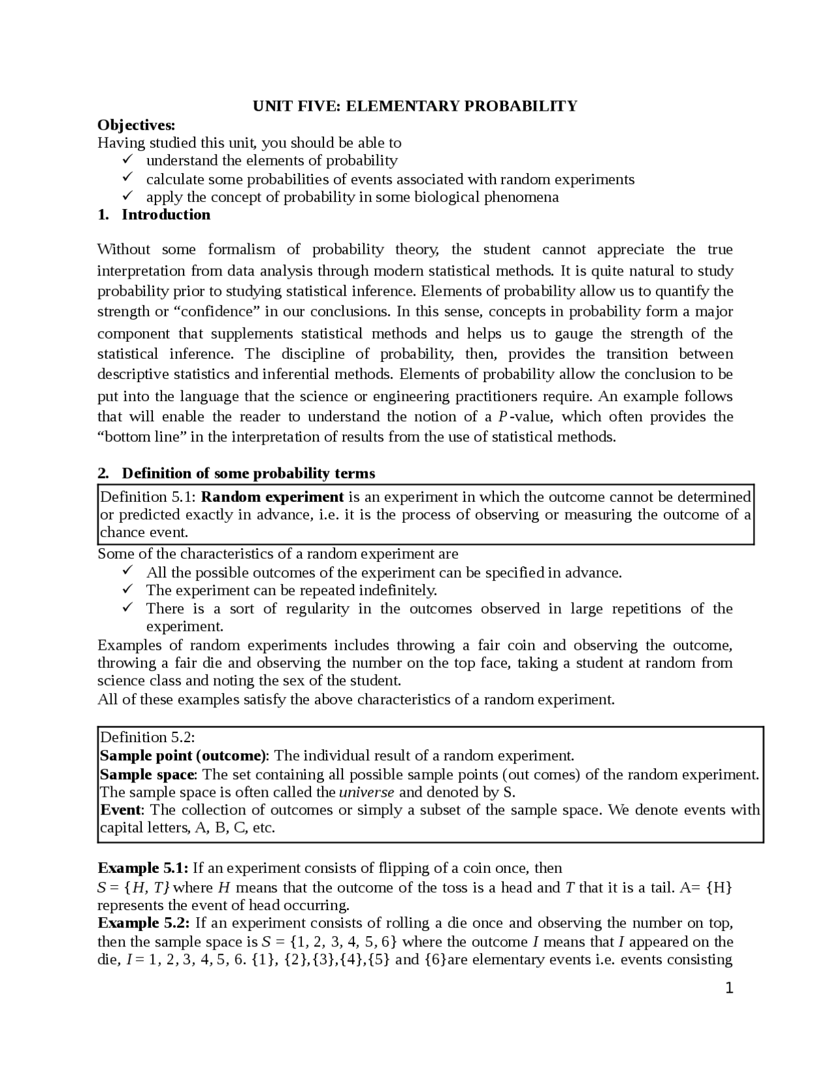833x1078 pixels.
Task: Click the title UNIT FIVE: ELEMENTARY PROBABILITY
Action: pyautogui.click(x=415, y=106)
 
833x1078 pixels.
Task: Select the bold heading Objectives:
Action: pyautogui.click(x=136, y=124)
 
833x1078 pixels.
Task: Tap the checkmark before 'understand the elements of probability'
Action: pyautogui.click(x=128, y=159)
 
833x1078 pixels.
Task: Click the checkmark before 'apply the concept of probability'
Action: pyautogui.click(x=128, y=196)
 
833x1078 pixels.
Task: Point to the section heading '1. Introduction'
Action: pyautogui.click(x=154, y=215)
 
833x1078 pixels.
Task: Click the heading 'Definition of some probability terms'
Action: pyautogui.click(x=248, y=473)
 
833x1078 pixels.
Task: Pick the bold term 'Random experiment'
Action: pyautogui.click(x=272, y=497)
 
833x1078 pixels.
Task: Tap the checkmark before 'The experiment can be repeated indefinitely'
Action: pyautogui.click(x=128, y=590)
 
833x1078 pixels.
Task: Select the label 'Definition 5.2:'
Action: pyautogui.click(x=148, y=738)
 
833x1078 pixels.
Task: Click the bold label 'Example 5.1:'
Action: pyautogui.click(x=143, y=868)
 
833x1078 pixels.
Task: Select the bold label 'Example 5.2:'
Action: pyautogui.click(x=143, y=923)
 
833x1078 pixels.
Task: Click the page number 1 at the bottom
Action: pyautogui.click(x=729, y=989)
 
